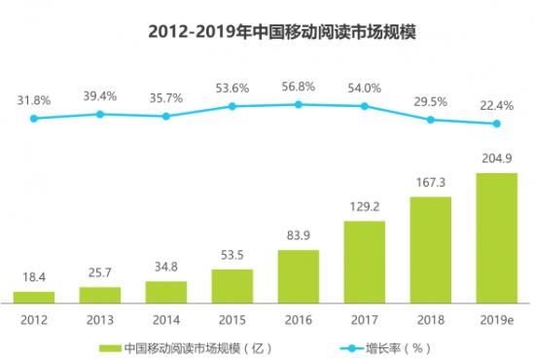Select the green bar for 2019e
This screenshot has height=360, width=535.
pyautogui.click(x=496, y=236)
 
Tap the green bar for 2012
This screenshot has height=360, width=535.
pyautogui.click(x=34, y=295)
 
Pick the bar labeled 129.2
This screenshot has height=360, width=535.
pyautogui.click(x=365, y=260)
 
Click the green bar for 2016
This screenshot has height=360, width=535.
pyautogui.click(x=299, y=274)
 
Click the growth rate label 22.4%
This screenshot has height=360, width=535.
pyautogui.click(x=496, y=104)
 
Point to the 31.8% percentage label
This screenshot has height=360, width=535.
pyautogui.click(x=34, y=98)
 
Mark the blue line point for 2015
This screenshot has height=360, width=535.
pyautogui.click(x=232, y=106)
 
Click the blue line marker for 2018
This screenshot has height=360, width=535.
pyautogui.click(x=430, y=120)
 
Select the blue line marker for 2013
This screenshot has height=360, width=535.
pyautogui.click(x=100, y=114)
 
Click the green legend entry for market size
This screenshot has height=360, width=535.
pyautogui.click(x=185, y=346)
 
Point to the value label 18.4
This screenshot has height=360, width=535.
pyautogui.click(x=34, y=279)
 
